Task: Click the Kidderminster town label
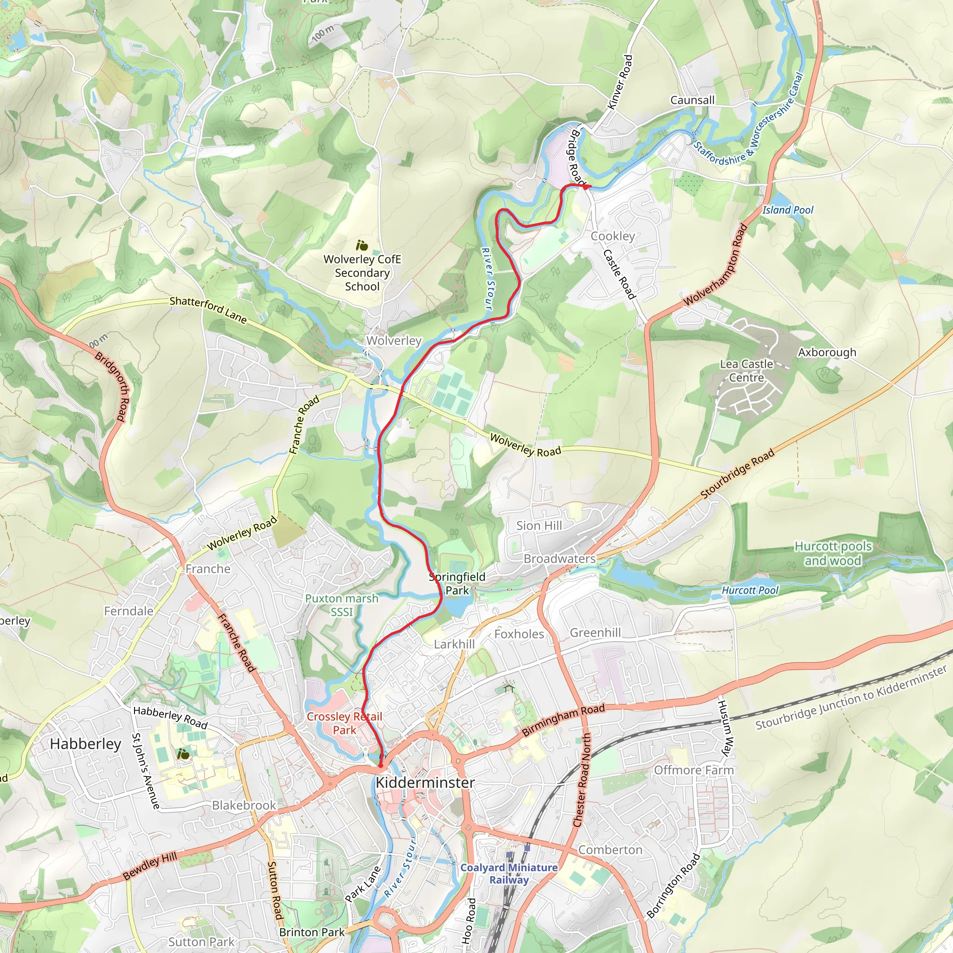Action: point(425,782)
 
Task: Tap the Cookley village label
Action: point(613,236)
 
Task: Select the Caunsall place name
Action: point(692,100)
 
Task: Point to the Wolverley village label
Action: point(394,340)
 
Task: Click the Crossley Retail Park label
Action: point(344,723)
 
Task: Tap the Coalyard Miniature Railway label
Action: point(509,873)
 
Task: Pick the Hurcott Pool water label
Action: point(750,590)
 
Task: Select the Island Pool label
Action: point(788,210)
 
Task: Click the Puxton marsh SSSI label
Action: point(342,605)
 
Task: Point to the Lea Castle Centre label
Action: point(746,370)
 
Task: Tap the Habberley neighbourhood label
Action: point(85,744)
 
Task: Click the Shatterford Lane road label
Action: point(208,310)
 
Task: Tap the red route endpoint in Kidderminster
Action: point(380,765)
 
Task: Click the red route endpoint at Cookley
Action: point(585,186)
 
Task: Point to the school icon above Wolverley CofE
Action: point(362,245)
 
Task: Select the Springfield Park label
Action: point(457,583)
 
